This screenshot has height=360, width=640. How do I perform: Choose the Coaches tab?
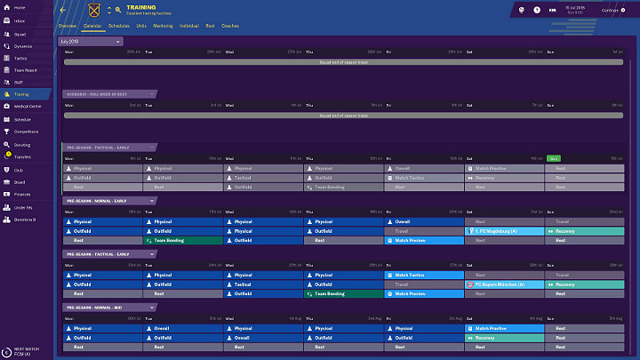click(229, 27)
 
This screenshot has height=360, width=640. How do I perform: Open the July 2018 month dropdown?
click(91, 42)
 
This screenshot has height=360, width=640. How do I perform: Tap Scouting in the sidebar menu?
click(22, 144)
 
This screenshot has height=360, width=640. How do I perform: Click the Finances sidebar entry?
click(22, 194)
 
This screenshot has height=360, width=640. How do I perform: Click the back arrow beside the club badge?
click(63, 10)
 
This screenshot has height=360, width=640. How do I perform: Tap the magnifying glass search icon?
click(117, 10)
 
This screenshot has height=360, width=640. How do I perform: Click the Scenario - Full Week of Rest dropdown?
click(110, 94)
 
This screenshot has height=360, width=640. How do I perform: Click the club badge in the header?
click(94, 10)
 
